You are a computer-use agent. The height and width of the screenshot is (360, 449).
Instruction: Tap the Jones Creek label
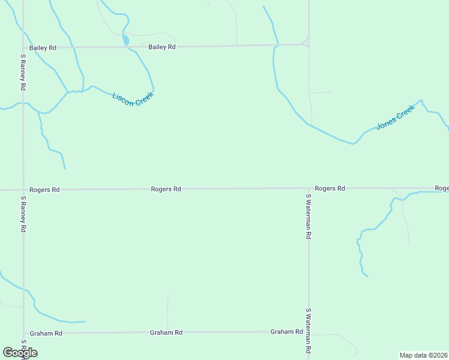(x=396, y=118)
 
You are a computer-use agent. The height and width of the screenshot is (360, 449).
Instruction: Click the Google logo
(x=20, y=353)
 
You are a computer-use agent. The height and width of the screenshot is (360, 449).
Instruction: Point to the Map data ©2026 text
(x=423, y=355)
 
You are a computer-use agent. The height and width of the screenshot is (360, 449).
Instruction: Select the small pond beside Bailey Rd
(x=125, y=40)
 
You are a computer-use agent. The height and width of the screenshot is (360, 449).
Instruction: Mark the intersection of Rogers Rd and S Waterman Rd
(x=309, y=188)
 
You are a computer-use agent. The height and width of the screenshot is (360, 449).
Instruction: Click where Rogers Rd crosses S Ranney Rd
(x=23, y=190)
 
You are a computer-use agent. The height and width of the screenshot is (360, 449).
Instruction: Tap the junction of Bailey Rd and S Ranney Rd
(x=23, y=47)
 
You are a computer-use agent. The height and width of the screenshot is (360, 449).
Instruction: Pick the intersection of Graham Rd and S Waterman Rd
(x=309, y=332)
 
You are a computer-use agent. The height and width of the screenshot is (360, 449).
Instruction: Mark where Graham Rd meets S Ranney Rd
(x=23, y=333)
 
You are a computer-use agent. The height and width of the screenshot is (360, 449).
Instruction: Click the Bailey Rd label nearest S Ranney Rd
(x=43, y=47)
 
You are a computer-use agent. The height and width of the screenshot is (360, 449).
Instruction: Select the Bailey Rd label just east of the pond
(x=162, y=47)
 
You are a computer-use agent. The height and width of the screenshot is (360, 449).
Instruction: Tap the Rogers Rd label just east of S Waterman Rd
(x=330, y=188)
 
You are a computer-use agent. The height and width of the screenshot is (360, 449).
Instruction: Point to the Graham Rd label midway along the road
(x=166, y=332)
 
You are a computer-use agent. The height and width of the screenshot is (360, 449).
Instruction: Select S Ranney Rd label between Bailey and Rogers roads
(x=23, y=73)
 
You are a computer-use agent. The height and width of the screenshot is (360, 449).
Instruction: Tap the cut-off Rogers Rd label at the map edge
(x=441, y=188)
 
